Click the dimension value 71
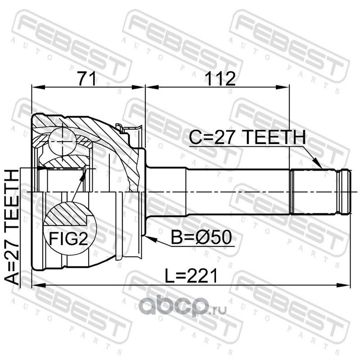click(87, 78)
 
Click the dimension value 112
click(220, 78)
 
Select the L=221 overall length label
click(191, 276)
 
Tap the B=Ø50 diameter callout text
click(201, 238)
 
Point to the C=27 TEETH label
click(247, 137)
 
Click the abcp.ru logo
click(183, 307)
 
